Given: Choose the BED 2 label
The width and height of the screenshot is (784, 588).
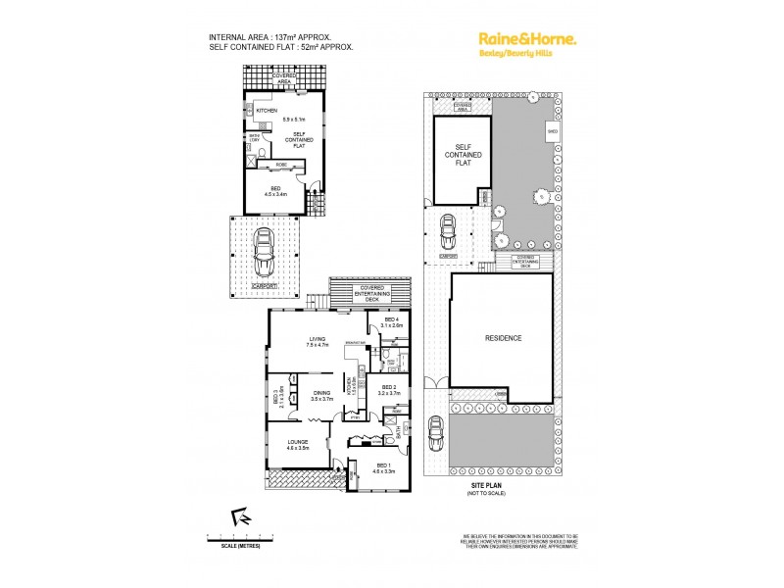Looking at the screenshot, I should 389,391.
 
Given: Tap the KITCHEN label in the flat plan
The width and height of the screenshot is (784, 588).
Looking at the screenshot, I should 268,111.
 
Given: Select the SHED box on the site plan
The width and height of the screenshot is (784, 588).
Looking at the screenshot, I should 552,128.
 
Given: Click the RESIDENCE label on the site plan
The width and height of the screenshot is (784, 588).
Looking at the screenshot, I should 503,338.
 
